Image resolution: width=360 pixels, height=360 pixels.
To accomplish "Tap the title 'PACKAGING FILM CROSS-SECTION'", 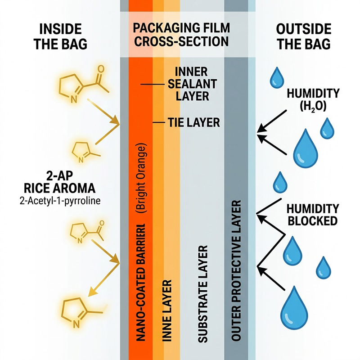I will coord(181,35).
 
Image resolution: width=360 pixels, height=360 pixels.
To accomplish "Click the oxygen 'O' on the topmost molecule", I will coord(100,70).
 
